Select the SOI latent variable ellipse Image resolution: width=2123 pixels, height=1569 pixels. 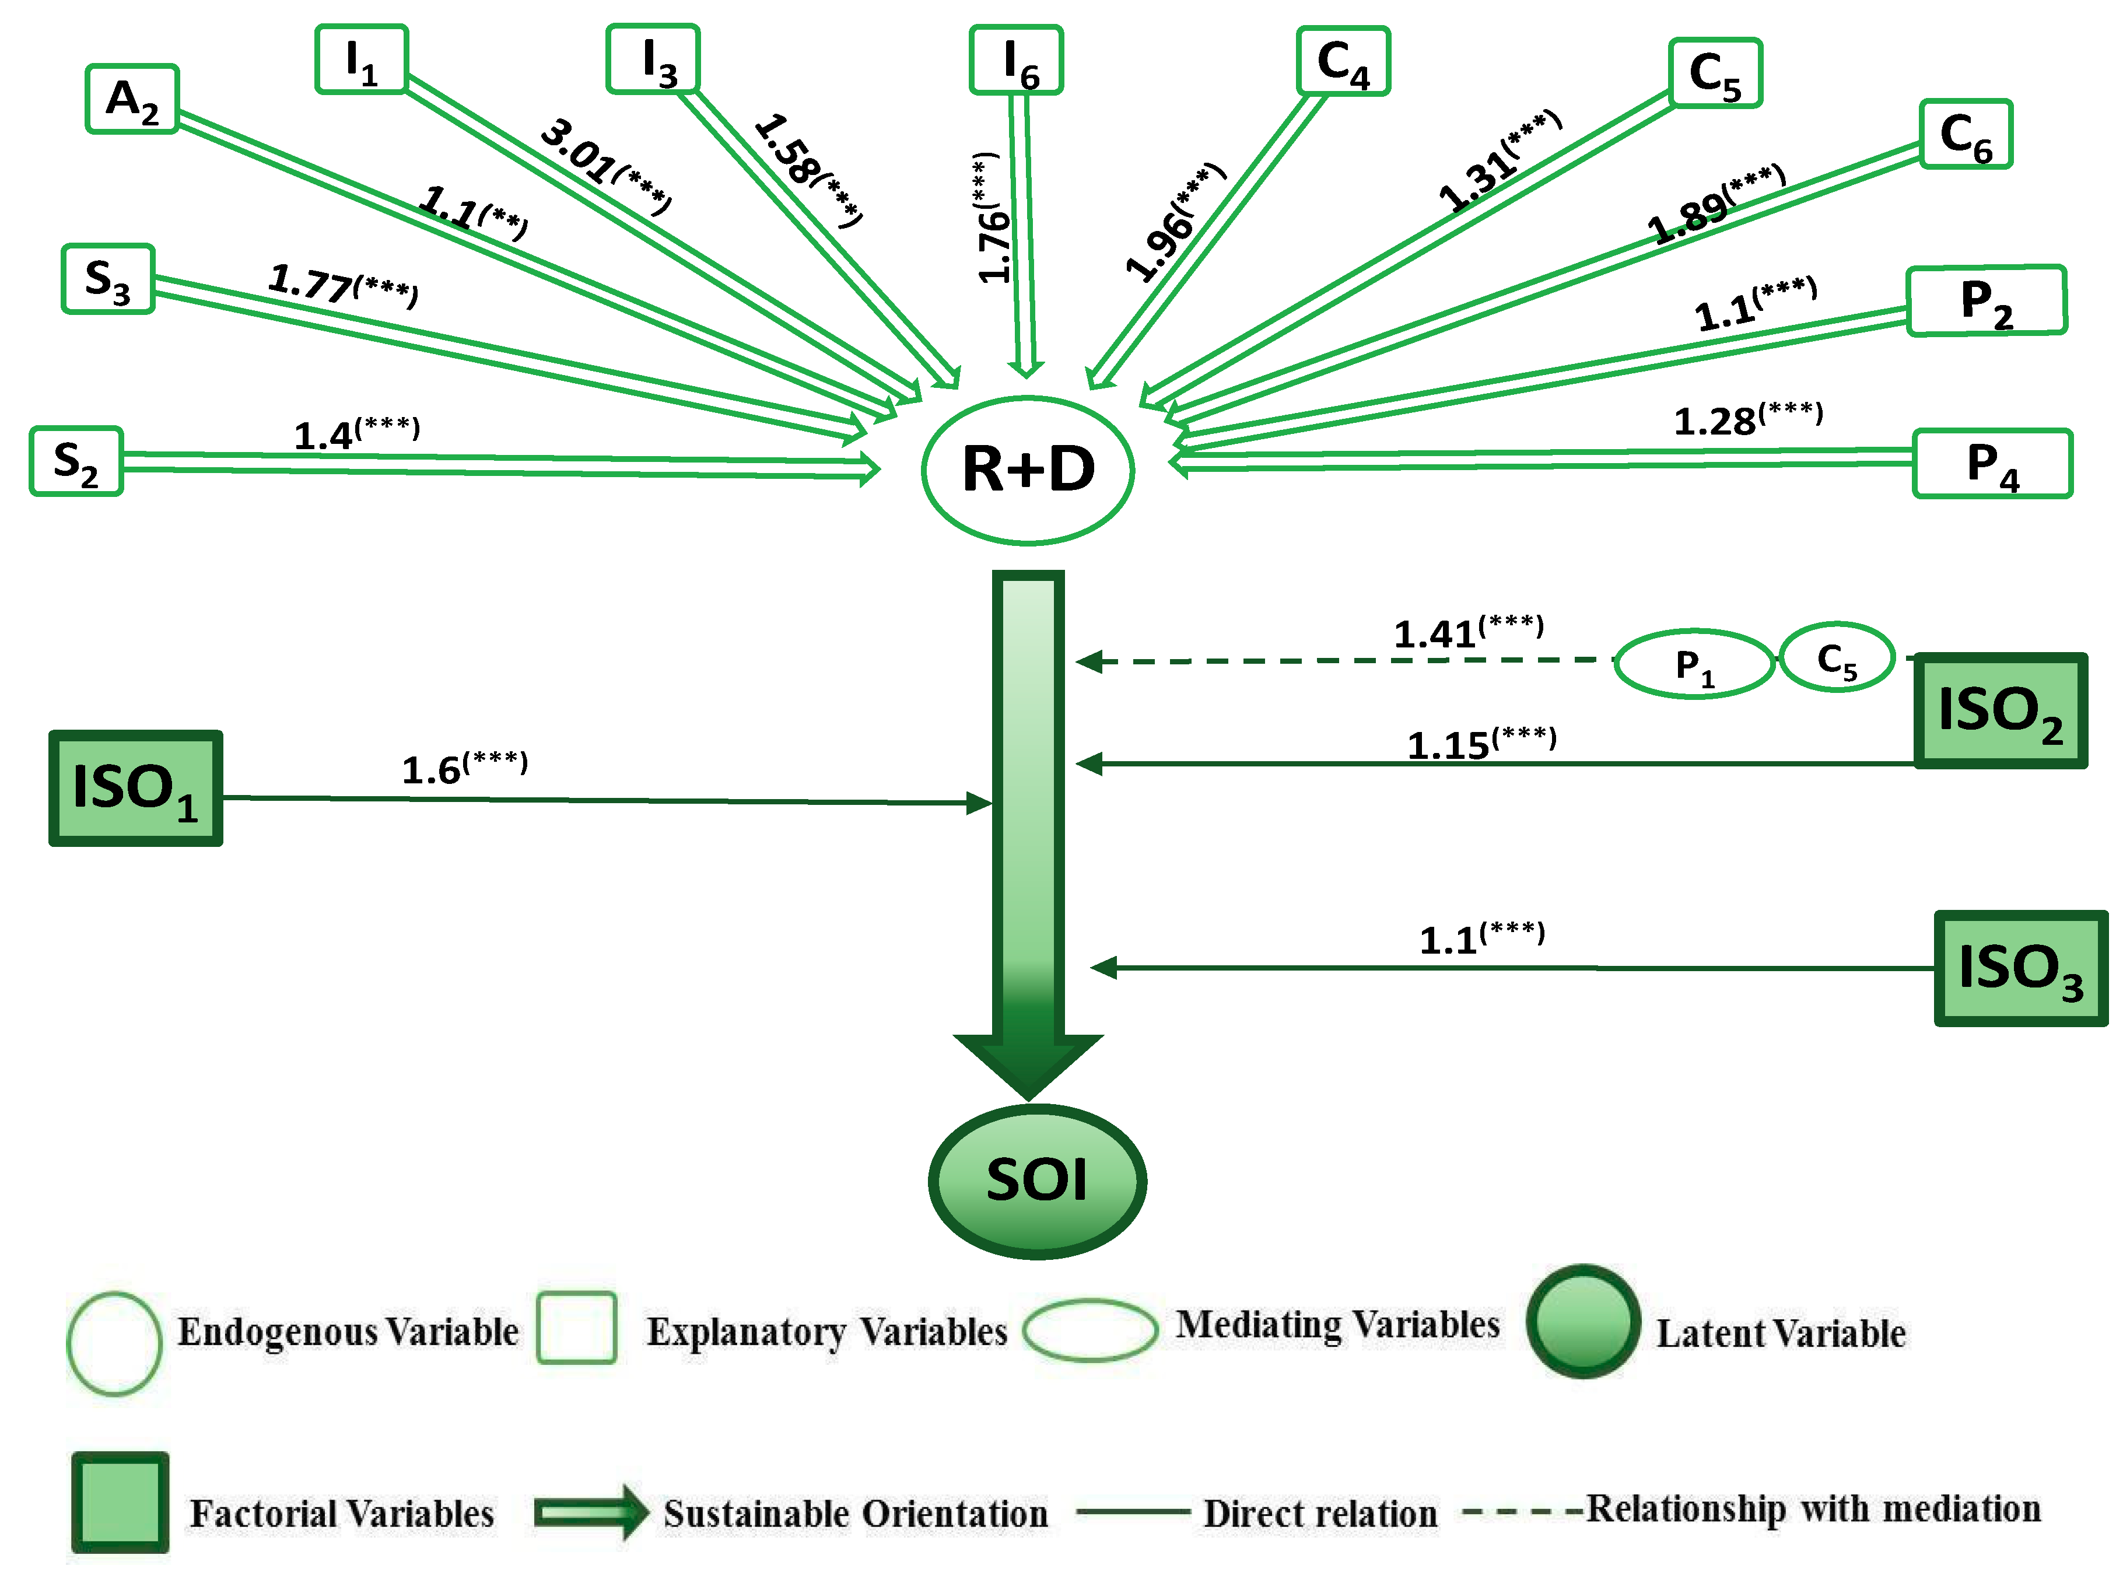tap(1037, 1181)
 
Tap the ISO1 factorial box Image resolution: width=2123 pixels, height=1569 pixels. tap(136, 789)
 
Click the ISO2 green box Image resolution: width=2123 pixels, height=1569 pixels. tap(1999, 710)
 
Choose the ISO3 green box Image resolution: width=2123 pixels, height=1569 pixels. tap(2020, 969)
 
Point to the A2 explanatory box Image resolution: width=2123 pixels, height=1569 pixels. tap(132, 99)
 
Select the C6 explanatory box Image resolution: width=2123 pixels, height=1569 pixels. tap(1966, 134)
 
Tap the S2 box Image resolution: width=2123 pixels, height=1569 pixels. tap(76, 461)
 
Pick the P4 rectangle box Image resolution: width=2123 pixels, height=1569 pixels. tap(1992, 464)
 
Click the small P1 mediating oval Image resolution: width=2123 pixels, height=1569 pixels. tap(1694, 664)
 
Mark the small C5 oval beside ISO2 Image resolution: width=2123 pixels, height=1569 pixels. tap(1836, 657)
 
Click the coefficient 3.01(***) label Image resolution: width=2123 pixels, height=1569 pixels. tap(605, 165)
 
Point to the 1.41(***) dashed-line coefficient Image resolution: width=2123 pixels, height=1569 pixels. tap(1468, 632)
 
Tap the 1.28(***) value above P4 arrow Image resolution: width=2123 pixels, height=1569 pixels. tap(1747, 419)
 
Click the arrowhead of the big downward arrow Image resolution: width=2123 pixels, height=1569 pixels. tap(1028, 1064)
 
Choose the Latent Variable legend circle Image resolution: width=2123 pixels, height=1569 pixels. tap(1583, 1322)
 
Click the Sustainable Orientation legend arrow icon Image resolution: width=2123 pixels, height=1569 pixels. tap(591, 1512)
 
